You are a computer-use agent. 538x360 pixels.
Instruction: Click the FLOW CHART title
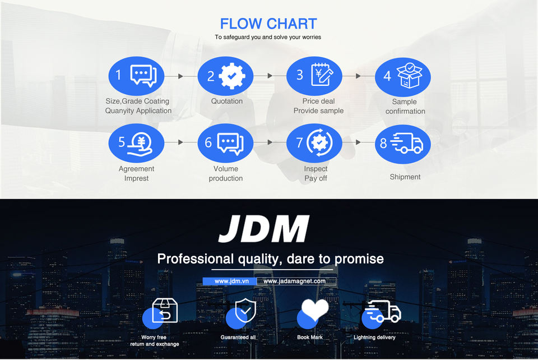point(268,24)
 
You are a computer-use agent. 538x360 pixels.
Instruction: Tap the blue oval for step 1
point(136,76)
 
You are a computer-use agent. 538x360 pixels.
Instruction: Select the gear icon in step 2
point(229,76)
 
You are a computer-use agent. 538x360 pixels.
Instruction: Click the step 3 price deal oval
point(314,76)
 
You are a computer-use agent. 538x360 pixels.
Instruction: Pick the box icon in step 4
point(409,75)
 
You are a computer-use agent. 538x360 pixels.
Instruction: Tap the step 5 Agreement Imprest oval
point(136,142)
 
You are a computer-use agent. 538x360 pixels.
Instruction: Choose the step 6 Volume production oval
point(225,142)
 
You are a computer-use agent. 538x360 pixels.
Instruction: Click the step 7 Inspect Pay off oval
point(314,142)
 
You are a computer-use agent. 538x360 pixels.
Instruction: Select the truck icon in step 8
point(408,144)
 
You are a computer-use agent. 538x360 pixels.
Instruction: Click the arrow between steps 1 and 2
point(180,76)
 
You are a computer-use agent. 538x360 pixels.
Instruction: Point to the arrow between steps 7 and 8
point(358,142)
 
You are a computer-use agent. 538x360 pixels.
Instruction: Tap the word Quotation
point(227,101)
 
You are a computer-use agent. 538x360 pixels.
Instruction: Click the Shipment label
point(405,177)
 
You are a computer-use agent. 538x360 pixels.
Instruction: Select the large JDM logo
point(264,229)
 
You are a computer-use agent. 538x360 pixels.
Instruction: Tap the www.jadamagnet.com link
point(295,281)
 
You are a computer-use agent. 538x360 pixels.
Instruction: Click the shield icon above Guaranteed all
point(244,310)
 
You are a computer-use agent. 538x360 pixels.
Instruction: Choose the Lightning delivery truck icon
point(382,311)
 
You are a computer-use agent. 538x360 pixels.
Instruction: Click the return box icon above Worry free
point(165,310)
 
